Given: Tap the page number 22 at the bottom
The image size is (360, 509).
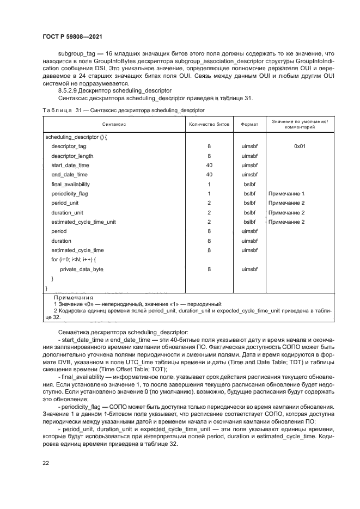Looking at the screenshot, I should pos(46,462).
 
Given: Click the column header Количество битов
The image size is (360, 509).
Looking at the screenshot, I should pos(209,124).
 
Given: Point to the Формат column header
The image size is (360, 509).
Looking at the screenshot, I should pos(249,124).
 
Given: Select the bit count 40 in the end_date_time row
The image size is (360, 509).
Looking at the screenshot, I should pos(209,175).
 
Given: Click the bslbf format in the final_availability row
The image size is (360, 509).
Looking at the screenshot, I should pos(249,184).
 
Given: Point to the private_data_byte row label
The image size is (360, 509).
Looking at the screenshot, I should pos(82,269).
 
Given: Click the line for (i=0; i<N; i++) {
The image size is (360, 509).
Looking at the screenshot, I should pos(74,260).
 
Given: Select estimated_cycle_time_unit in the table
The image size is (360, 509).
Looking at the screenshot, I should pos(83,222).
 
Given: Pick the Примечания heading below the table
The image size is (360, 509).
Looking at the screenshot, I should pos(74,297).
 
